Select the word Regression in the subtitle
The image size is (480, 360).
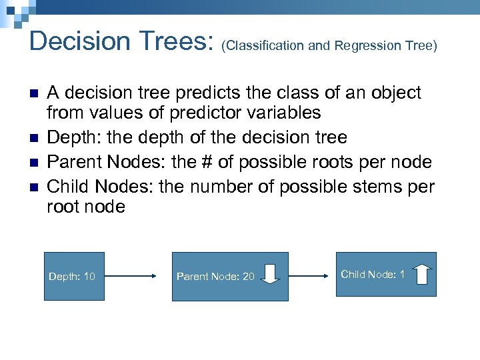365,45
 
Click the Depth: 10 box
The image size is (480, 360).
74,276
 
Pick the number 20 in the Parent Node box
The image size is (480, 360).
248,276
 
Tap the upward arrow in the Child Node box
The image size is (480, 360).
423,273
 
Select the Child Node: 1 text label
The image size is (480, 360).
373,274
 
